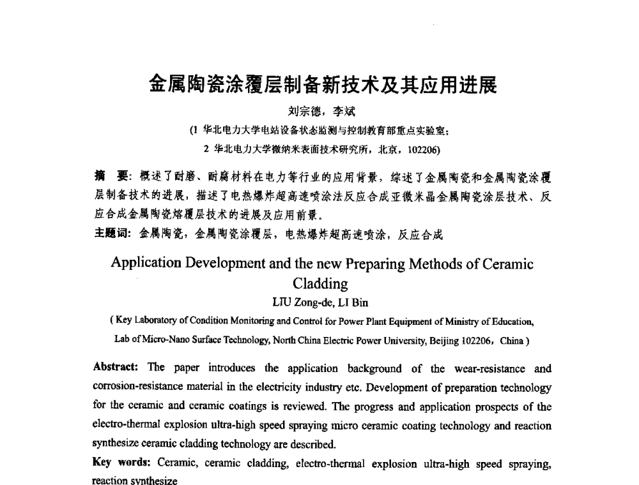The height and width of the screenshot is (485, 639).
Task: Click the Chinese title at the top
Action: (322, 84)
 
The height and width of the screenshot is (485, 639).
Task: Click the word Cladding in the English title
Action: (320, 283)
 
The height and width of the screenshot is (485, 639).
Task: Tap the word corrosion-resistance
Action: (142, 387)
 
